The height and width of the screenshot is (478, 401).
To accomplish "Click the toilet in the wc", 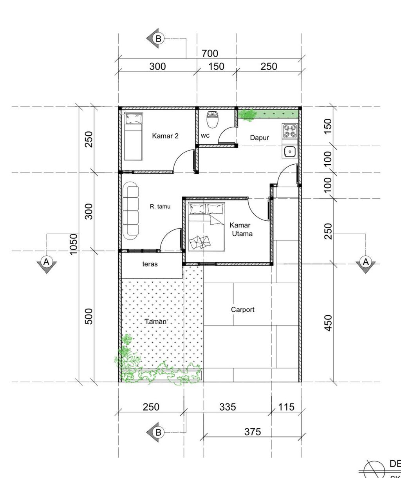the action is tap(213, 119).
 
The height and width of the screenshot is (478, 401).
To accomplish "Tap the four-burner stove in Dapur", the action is tap(290, 131).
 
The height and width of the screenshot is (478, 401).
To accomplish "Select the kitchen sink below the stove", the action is tap(290, 151).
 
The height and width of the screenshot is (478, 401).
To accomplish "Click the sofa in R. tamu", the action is tap(131, 211).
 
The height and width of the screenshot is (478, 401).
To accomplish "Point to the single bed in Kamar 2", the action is tap(133, 136).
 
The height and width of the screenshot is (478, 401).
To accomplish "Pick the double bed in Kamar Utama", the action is tap(206, 227).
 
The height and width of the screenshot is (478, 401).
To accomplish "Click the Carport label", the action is tap(242, 310).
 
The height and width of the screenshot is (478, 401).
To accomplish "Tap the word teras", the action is tap(150, 264).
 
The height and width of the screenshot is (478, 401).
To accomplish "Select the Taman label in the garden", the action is tap(156, 322).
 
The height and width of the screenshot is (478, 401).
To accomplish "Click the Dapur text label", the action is tap(260, 138).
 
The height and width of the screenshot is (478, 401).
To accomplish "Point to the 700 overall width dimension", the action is tap(210, 54).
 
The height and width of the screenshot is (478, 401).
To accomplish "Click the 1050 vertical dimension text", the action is tap(74, 244).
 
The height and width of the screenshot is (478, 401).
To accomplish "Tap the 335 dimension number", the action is tap(228, 407).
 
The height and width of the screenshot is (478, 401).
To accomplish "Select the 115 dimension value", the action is tap(286, 407).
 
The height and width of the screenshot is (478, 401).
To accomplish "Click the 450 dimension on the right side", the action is tap(328, 323).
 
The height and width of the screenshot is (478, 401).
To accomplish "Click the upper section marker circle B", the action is tap(158, 38).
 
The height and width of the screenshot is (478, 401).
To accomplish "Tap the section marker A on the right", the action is tap(366, 262).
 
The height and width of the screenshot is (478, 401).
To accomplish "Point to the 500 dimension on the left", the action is tap(89, 316).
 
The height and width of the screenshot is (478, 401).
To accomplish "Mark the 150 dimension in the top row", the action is tap(216, 67).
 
